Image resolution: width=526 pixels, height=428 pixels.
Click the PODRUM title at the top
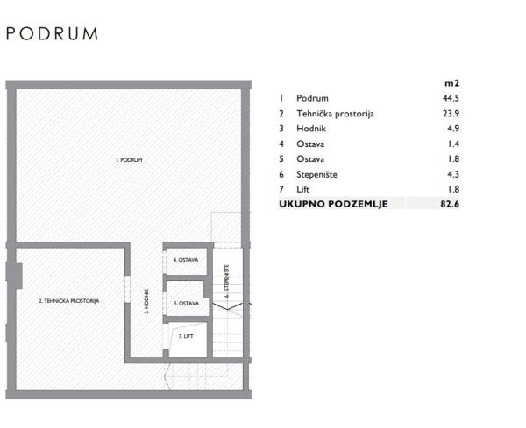click(x=52, y=34)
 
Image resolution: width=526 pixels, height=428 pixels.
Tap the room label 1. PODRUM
click(x=129, y=161)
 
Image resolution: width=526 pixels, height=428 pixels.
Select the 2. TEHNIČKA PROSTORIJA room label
click(x=68, y=300)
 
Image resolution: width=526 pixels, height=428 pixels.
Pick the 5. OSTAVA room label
click(x=186, y=303)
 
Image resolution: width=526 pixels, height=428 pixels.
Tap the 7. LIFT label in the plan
click(x=185, y=336)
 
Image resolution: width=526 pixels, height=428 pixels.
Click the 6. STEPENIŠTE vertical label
click(x=227, y=282)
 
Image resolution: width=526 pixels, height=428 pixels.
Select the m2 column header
click(x=452, y=82)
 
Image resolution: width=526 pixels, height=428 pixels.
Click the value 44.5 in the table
click(x=452, y=98)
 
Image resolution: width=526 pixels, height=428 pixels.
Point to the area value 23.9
click(x=452, y=114)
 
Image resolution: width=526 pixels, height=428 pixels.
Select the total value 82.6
click(x=452, y=204)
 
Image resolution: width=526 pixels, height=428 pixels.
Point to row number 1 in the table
click(x=281, y=98)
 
